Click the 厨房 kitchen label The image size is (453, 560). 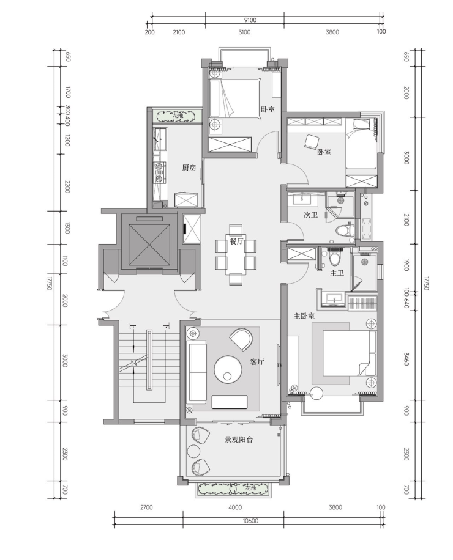189,168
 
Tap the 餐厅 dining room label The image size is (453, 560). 236,241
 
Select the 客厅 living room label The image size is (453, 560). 256,362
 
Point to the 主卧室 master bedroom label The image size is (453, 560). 304,316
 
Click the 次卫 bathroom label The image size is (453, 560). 311,215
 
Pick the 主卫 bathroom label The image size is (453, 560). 337,273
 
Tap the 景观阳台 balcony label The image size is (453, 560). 239,440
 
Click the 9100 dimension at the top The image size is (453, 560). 250,20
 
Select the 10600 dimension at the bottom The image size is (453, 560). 250,521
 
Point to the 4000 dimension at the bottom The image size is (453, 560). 235,507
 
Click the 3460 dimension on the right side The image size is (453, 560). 406,359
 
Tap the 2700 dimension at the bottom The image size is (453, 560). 146,507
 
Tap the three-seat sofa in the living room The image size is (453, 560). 197,372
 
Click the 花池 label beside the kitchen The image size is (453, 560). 178,116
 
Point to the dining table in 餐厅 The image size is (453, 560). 236,254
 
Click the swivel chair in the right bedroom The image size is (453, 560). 312,141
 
